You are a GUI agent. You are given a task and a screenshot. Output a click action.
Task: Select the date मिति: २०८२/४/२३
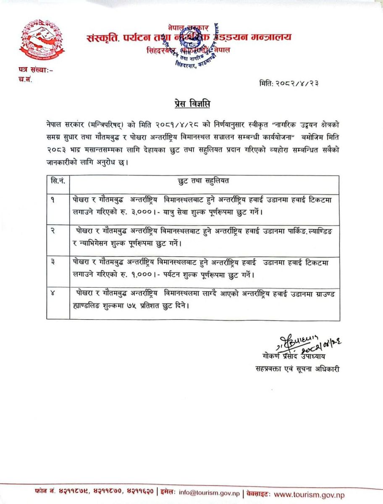[x=290, y=83]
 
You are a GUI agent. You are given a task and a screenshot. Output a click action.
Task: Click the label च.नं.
[x=25, y=79]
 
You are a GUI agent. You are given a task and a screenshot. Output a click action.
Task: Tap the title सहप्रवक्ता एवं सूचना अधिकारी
[x=297, y=369]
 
